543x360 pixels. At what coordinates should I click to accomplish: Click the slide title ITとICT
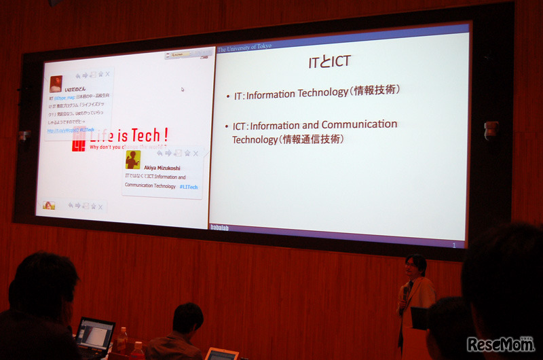pos(329,62)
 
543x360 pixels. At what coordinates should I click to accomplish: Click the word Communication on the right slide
pos(359,125)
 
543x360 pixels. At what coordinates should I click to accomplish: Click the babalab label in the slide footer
pos(219,227)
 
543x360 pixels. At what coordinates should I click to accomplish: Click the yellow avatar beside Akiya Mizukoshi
pos(133,160)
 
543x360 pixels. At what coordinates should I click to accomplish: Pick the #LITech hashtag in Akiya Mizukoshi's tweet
pos(189,186)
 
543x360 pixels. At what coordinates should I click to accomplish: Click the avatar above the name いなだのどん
pos(56,83)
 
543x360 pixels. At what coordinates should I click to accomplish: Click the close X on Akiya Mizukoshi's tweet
pos(196,154)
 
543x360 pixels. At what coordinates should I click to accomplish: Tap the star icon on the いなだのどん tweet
pos(100,74)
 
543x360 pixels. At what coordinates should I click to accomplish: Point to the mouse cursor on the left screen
pos(182,89)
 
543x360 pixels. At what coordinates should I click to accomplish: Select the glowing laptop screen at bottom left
pos(95,332)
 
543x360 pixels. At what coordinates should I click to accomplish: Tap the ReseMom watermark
pos(500,344)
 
